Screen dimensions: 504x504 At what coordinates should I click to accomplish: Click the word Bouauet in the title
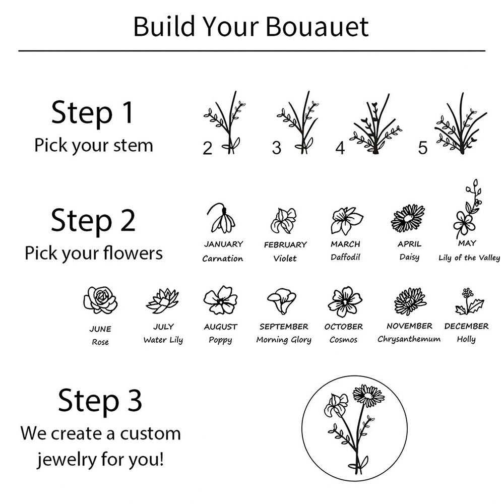point(317,27)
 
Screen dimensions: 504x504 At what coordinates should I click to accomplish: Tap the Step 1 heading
point(92,113)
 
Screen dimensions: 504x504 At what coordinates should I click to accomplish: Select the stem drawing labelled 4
point(375,124)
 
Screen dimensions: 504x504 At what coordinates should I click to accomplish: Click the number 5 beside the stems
point(423,148)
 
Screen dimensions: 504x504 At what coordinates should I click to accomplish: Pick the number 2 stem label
point(207,148)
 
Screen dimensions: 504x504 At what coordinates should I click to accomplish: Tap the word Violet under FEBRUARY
point(285,259)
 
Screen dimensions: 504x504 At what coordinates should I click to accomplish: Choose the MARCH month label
point(345,244)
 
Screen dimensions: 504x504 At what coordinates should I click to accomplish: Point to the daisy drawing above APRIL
point(408,218)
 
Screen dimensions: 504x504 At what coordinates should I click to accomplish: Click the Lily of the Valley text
point(469,258)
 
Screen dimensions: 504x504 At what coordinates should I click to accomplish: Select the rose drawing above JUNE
point(100,300)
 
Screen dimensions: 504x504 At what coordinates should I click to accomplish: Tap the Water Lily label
point(163,340)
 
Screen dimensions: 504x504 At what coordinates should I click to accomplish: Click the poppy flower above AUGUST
point(221,300)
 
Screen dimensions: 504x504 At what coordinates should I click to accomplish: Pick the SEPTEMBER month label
point(284,327)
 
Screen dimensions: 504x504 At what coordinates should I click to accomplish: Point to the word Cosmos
point(343,340)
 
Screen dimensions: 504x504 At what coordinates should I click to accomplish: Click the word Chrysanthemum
point(409,339)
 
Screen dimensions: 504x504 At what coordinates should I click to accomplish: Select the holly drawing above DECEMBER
point(469,301)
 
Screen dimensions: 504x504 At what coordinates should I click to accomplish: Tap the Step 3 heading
point(100,401)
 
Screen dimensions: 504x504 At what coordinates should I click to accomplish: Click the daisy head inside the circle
point(368,396)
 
